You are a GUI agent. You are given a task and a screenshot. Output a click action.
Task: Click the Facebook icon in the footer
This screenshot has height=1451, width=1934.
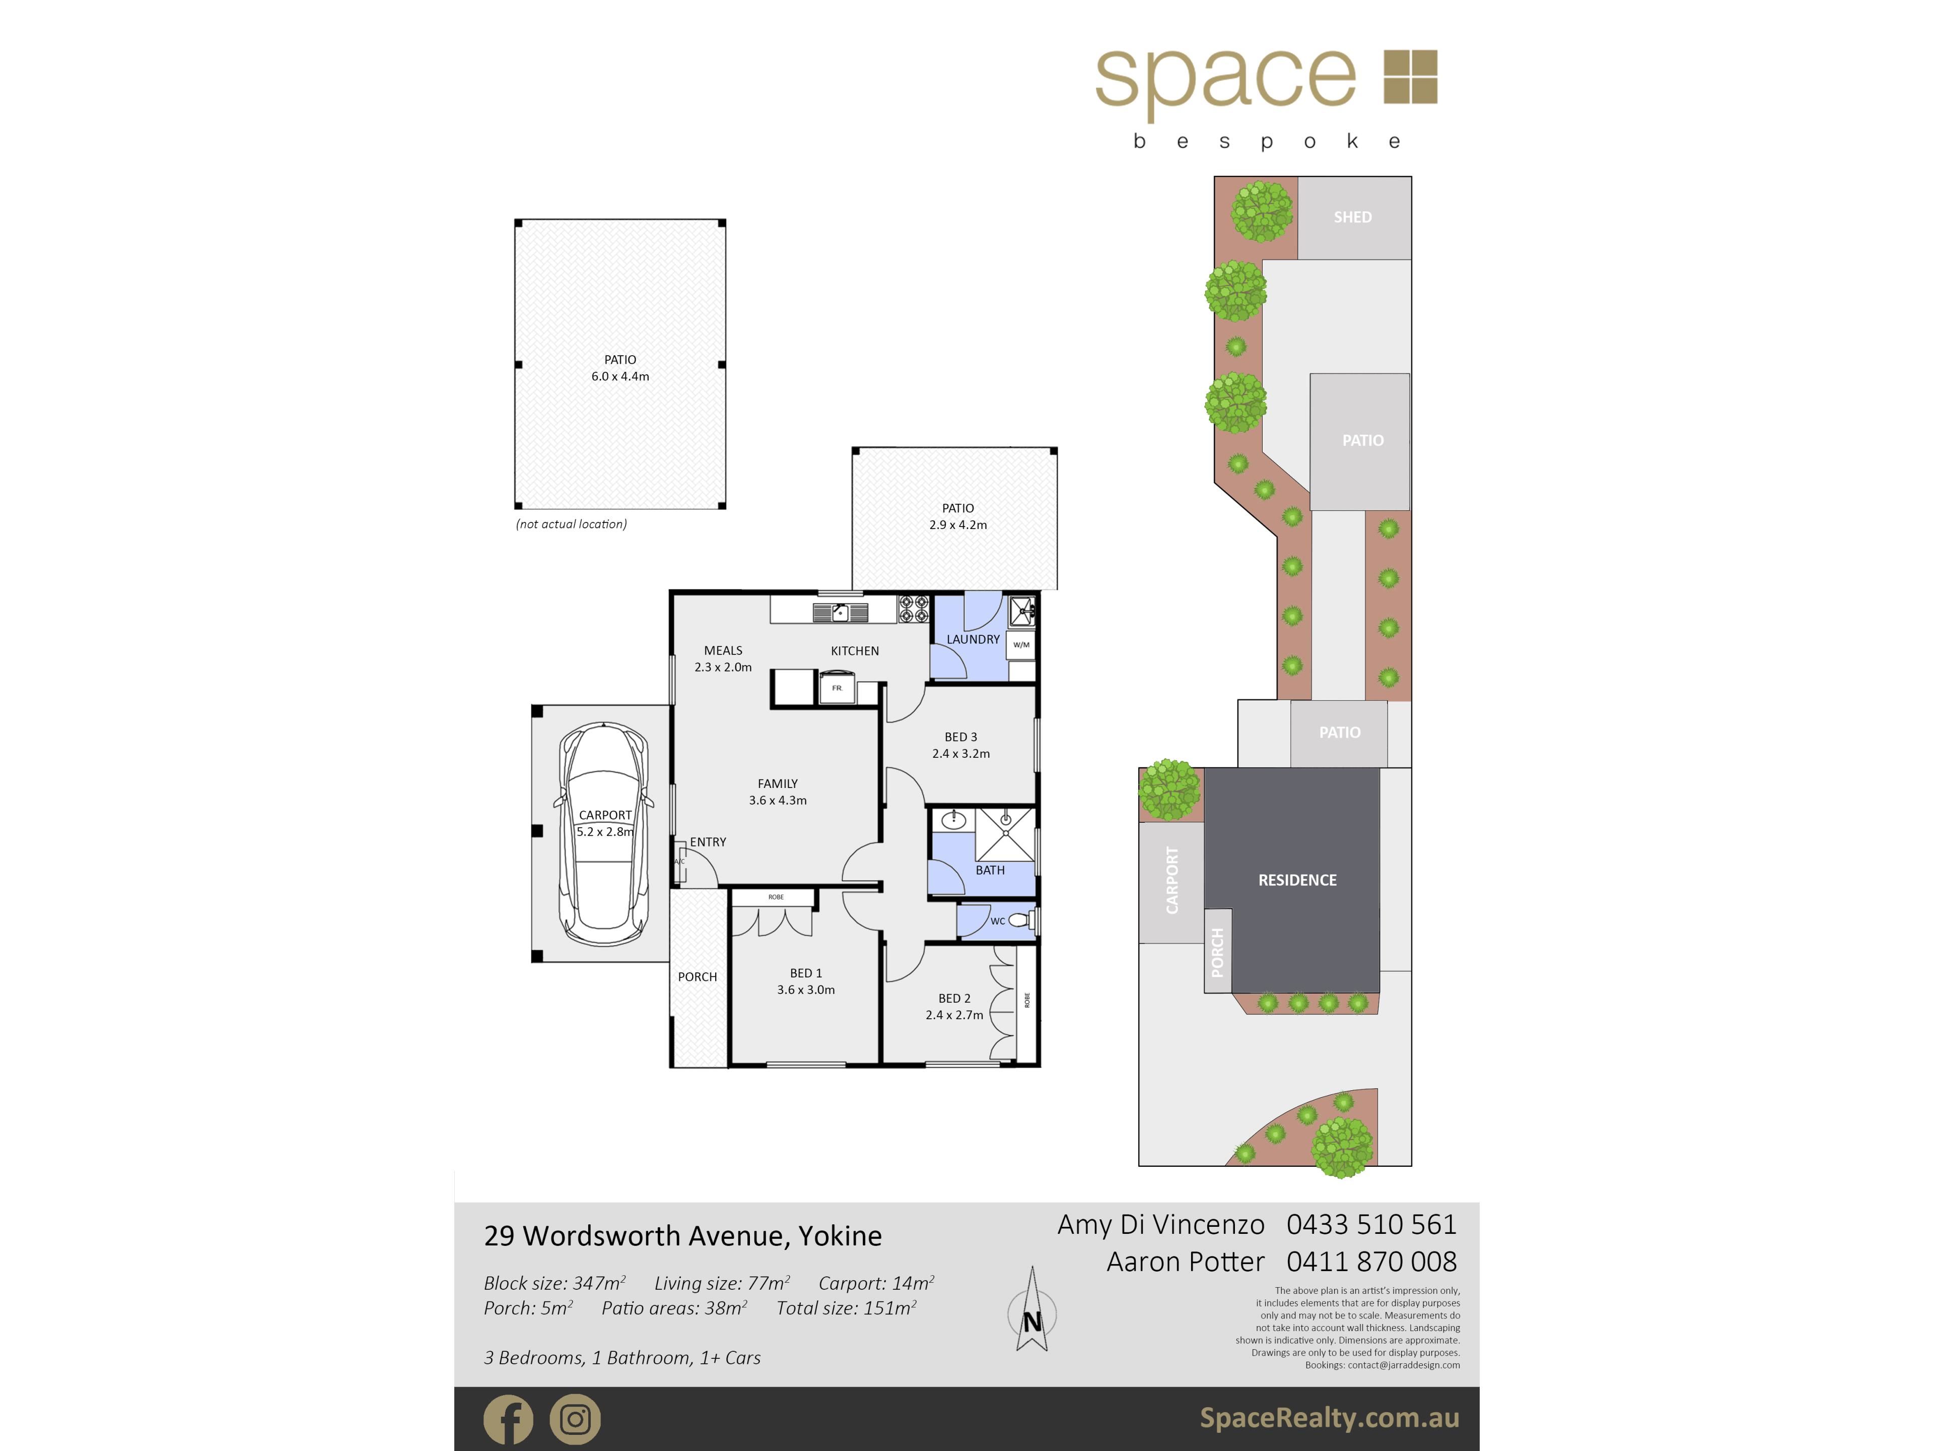point(508,1419)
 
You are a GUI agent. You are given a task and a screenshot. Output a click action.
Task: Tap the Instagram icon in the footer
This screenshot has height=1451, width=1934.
point(575,1419)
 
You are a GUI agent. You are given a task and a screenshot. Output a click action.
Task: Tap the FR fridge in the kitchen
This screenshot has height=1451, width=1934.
point(837,688)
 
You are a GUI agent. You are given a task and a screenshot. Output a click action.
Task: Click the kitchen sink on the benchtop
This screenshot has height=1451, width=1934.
point(840,612)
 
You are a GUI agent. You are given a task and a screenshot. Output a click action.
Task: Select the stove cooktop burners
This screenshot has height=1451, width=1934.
point(914,609)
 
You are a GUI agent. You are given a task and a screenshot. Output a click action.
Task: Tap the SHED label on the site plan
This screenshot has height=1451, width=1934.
point(1353,217)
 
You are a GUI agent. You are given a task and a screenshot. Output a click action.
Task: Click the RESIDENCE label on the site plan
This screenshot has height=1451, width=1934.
point(1297,880)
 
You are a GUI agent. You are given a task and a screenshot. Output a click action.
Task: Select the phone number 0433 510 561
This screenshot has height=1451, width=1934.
point(1371,1224)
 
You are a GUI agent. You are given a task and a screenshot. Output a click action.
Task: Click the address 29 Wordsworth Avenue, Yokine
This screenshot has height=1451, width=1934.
point(683,1236)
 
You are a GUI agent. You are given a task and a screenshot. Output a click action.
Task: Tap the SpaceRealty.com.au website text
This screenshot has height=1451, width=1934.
point(1329,1418)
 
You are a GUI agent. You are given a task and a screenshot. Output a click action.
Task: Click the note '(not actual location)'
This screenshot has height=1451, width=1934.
point(571,524)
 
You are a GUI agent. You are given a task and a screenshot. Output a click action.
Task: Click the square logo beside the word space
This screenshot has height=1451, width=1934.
point(1410,77)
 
